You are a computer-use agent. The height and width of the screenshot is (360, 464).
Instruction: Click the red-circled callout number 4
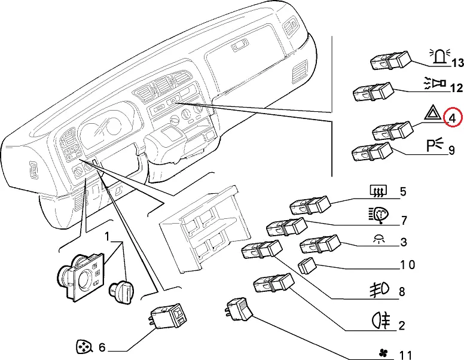point(452,118)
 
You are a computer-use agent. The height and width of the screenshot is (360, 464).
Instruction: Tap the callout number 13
point(457,62)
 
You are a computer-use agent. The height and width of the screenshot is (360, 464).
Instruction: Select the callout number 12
point(456,89)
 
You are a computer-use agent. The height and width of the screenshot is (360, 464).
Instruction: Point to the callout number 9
point(452,150)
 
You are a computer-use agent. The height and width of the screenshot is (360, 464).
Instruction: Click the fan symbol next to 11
point(381,355)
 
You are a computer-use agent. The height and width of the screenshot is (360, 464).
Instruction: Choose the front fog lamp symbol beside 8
point(380,290)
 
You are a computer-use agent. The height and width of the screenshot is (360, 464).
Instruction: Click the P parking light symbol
point(434,145)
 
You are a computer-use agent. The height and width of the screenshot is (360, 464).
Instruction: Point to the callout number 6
point(102,347)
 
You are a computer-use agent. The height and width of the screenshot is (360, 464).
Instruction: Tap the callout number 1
point(108,238)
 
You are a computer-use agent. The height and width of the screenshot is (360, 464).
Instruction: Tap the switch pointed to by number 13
point(390,60)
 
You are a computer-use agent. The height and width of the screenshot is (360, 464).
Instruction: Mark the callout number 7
point(404,221)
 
